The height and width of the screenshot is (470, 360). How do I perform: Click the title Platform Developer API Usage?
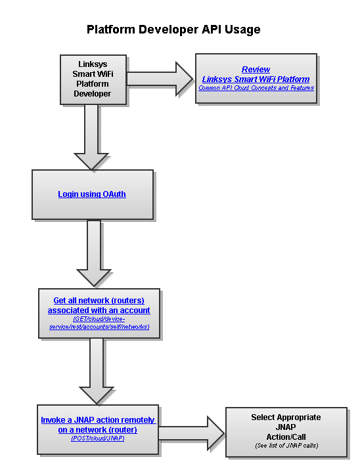point(173,30)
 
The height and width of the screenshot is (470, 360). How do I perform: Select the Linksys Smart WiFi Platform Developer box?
point(93,79)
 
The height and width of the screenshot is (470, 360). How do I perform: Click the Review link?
point(256,69)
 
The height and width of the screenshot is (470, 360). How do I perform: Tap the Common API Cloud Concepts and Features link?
point(256,88)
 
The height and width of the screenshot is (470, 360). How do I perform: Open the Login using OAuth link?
point(92,194)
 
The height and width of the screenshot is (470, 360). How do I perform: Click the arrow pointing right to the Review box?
point(160,79)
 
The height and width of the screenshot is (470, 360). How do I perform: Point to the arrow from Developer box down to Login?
point(91,137)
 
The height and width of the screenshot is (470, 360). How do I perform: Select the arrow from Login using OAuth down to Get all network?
point(94,253)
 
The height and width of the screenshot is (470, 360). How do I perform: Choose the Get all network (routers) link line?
point(99,301)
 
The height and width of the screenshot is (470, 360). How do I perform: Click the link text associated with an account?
point(99,310)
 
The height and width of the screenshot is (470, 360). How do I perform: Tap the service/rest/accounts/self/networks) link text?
point(99,327)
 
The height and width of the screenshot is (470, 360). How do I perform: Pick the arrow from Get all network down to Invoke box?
point(97,371)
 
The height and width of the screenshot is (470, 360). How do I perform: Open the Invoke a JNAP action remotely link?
point(99,420)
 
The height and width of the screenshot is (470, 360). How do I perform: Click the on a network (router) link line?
point(97,430)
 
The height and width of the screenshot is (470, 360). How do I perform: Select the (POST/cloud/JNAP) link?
point(98,438)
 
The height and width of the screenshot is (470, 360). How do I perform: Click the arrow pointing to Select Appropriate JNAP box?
point(191,433)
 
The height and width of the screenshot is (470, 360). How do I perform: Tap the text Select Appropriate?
point(286,417)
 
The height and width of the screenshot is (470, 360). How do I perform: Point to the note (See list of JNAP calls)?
point(286,446)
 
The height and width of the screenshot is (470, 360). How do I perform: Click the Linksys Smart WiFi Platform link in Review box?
point(256,79)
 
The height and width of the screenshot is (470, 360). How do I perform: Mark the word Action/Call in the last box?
point(286,437)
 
